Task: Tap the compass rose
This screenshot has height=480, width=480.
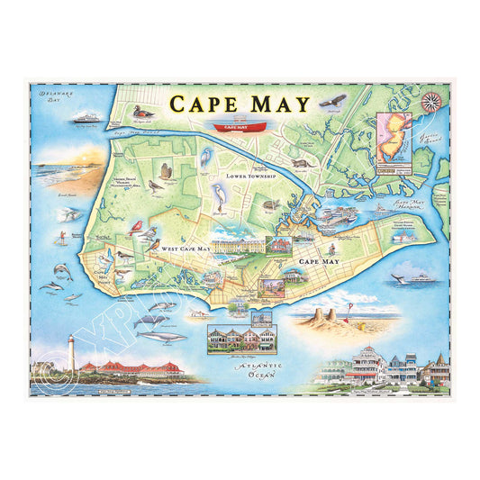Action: point(430,101)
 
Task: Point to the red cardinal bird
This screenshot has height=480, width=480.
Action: point(136,227)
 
